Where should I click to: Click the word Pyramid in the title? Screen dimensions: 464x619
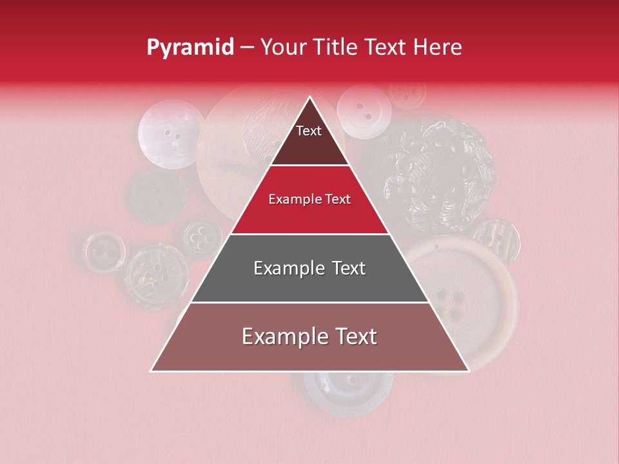point(190,48)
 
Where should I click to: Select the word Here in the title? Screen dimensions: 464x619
point(438,48)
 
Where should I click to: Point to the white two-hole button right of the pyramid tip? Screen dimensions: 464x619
point(365,111)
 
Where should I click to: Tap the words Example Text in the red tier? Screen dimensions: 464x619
point(309,200)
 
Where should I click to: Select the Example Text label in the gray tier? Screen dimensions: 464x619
point(309,268)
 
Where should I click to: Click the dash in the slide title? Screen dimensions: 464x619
point(247,48)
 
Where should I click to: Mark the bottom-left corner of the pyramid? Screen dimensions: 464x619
point(152,371)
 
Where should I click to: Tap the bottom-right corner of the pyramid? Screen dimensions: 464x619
point(469,371)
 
